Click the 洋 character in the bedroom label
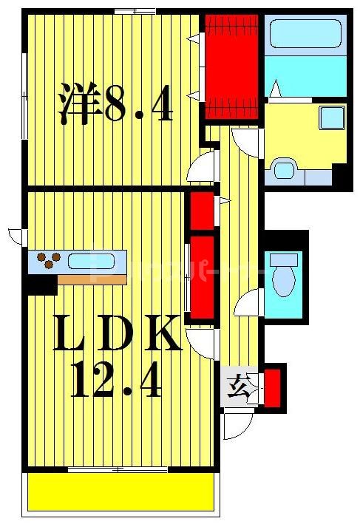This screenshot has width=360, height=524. pyautogui.click(x=80, y=104)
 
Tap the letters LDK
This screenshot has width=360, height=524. pyautogui.click(x=119, y=334)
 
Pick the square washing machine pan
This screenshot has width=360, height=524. pyautogui.click(x=330, y=118)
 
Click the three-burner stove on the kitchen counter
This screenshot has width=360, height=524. pyautogui.click(x=49, y=261)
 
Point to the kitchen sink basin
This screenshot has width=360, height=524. pyautogui.click(x=92, y=261)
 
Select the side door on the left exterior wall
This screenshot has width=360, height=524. pyautogui.click(x=16, y=236)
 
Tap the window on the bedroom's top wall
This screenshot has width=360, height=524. pyautogui.click(x=135, y=10)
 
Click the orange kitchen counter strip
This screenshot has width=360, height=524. pyautogui.click(x=89, y=279)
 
